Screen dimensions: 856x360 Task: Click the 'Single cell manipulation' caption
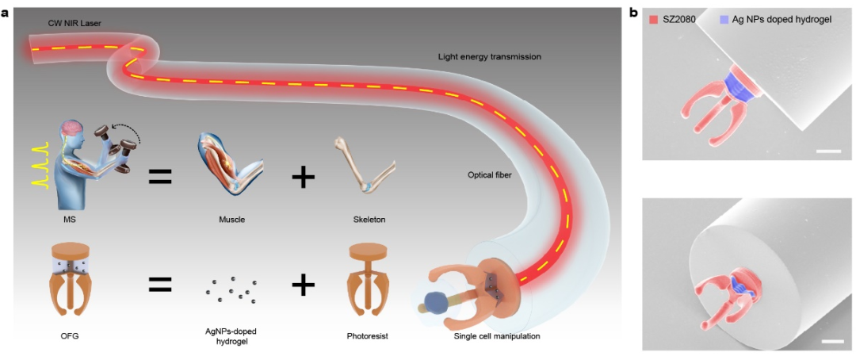click(x=497, y=335)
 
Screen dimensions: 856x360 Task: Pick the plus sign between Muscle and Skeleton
click(x=304, y=177)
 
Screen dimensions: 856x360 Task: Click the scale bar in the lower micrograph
click(x=829, y=342)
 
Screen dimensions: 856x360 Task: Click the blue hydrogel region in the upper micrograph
click(x=739, y=87)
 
